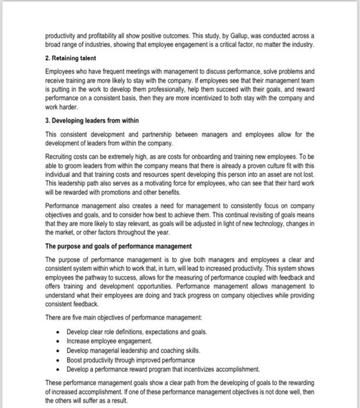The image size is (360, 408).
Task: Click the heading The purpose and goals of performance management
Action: (118, 246)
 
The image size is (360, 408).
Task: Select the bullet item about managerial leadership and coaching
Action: (133, 350)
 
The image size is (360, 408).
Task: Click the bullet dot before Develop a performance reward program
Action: (60, 369)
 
